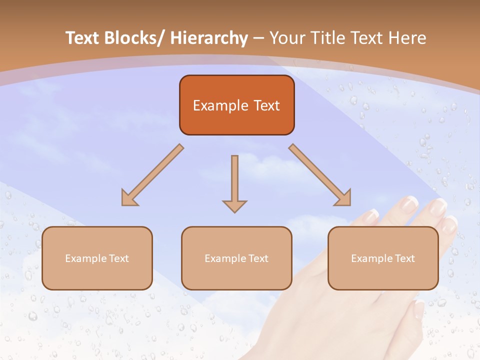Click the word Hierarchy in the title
point(209,38)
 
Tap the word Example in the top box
point(220,105)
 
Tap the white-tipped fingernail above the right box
point(410,202)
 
